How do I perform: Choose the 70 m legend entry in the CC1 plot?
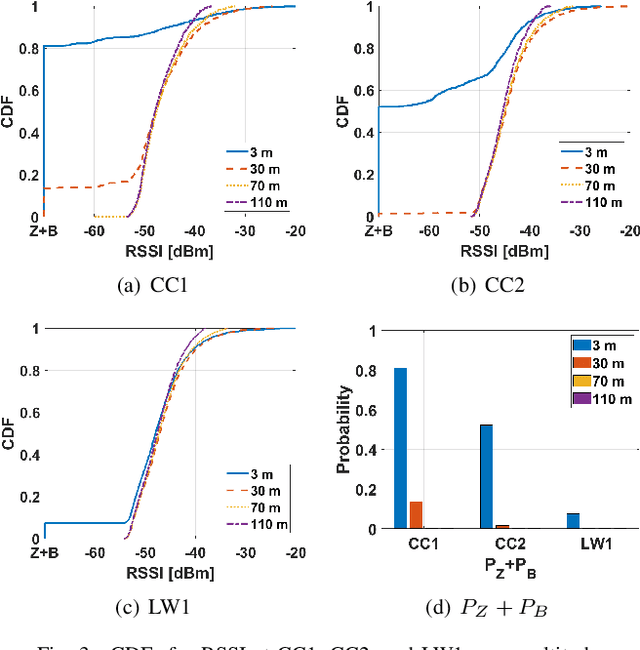coord(256,186)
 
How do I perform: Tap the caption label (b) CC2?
coord(479,284)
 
